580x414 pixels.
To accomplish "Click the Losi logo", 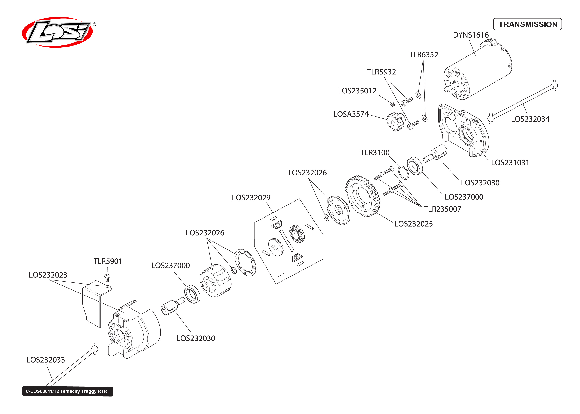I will point(57,32).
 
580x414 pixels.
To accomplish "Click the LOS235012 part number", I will point(357,91).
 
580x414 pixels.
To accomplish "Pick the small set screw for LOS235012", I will point(393,104).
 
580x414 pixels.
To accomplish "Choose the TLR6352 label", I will point(423,55).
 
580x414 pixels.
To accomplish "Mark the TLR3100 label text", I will point(375,153).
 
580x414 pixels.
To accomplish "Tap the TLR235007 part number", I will point(442,209).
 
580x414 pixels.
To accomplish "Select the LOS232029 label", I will point(251,198).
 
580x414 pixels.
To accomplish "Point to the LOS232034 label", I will point(530,119).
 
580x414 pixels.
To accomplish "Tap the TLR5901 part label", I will point(108,261).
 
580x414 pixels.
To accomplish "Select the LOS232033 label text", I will point(46,360).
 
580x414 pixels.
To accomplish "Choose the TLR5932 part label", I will point(381,72).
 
